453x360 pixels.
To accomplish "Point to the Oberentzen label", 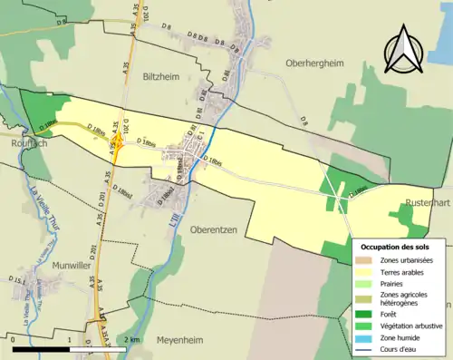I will tap(214, 230).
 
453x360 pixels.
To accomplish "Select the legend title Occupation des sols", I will tap(395, 247).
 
